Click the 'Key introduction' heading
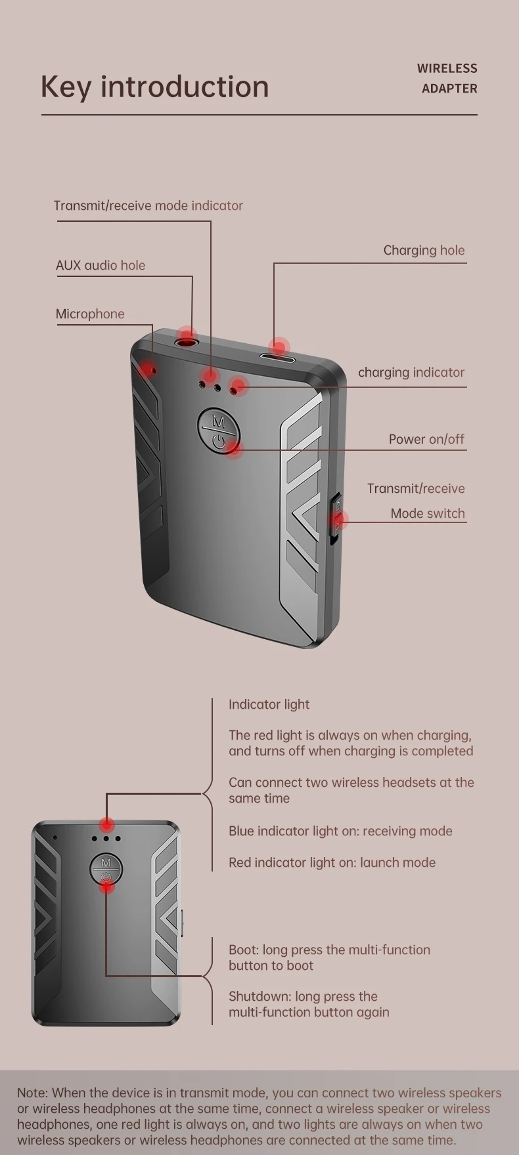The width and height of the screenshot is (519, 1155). point(154,87)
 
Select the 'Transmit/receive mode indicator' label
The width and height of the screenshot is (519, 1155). point(148,205)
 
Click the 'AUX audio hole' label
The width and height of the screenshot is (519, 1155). point(101,265)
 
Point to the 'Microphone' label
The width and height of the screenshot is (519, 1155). point(90,314)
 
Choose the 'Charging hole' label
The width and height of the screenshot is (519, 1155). point(424,250)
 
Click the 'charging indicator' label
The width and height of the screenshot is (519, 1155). point(411,372)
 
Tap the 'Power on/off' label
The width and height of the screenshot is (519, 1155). point(426,439)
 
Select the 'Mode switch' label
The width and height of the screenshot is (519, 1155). point(428,513)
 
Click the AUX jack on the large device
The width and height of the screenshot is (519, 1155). point(186,339)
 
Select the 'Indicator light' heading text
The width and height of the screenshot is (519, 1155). point(269,704)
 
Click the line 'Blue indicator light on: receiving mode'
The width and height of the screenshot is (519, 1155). point(340,831)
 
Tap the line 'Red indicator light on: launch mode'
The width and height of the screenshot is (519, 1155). point(332,862)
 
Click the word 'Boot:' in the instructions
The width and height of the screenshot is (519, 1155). point(244,950)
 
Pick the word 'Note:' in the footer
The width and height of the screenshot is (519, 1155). point(32,1093)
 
